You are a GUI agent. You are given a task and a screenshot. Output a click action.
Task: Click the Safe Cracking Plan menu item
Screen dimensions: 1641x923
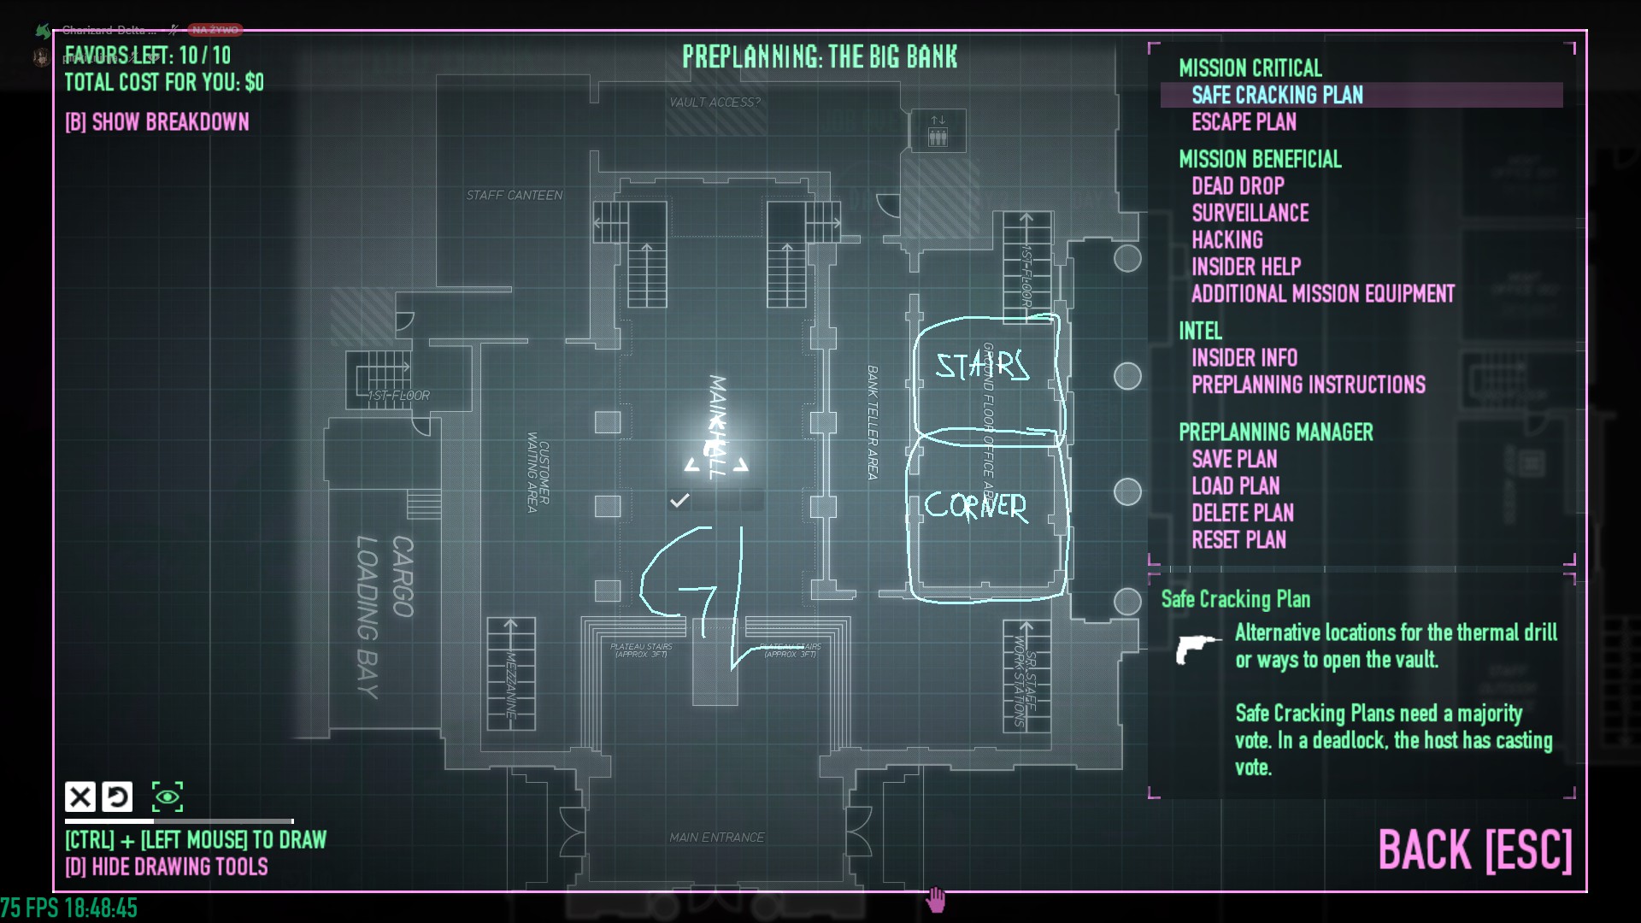[1277, 95]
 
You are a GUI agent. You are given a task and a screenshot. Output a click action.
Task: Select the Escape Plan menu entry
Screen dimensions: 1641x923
[1244, 122]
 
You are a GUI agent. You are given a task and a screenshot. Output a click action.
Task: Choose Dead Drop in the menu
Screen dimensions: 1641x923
[1238, 186]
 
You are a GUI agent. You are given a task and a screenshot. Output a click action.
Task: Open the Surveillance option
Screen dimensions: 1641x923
[1250, 213]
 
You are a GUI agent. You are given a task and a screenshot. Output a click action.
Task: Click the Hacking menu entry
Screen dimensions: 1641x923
[1226, 240]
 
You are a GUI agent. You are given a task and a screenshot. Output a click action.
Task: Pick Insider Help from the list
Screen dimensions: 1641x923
[1245, 267]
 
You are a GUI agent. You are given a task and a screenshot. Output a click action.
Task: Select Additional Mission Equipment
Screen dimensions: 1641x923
[1322, 294]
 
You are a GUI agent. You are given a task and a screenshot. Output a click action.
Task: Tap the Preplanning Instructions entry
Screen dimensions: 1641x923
[1308, 385]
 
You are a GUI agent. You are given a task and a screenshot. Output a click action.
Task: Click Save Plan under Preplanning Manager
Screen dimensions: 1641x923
[1234, 459]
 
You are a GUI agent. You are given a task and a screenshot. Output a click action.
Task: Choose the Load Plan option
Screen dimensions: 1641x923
[1235, 486]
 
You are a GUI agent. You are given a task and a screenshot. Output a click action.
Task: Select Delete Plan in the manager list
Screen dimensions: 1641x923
[1242, 513]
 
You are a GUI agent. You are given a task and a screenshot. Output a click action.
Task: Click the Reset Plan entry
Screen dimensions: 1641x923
[1238, 540]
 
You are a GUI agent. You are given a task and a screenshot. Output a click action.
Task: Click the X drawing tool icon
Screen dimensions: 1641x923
[80, 797]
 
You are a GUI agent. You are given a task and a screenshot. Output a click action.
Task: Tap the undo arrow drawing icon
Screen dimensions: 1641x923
[117, 797]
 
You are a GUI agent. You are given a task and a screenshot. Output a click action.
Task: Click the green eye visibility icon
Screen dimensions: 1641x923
[168, 797]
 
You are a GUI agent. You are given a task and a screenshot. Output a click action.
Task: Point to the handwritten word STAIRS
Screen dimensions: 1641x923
[982, 366]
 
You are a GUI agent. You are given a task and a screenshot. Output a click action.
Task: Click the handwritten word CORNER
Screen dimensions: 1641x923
[975, 506]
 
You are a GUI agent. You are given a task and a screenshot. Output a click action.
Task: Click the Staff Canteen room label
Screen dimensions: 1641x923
[514, 196]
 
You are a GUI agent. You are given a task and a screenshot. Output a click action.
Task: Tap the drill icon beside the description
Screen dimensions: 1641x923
[1197, 648]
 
